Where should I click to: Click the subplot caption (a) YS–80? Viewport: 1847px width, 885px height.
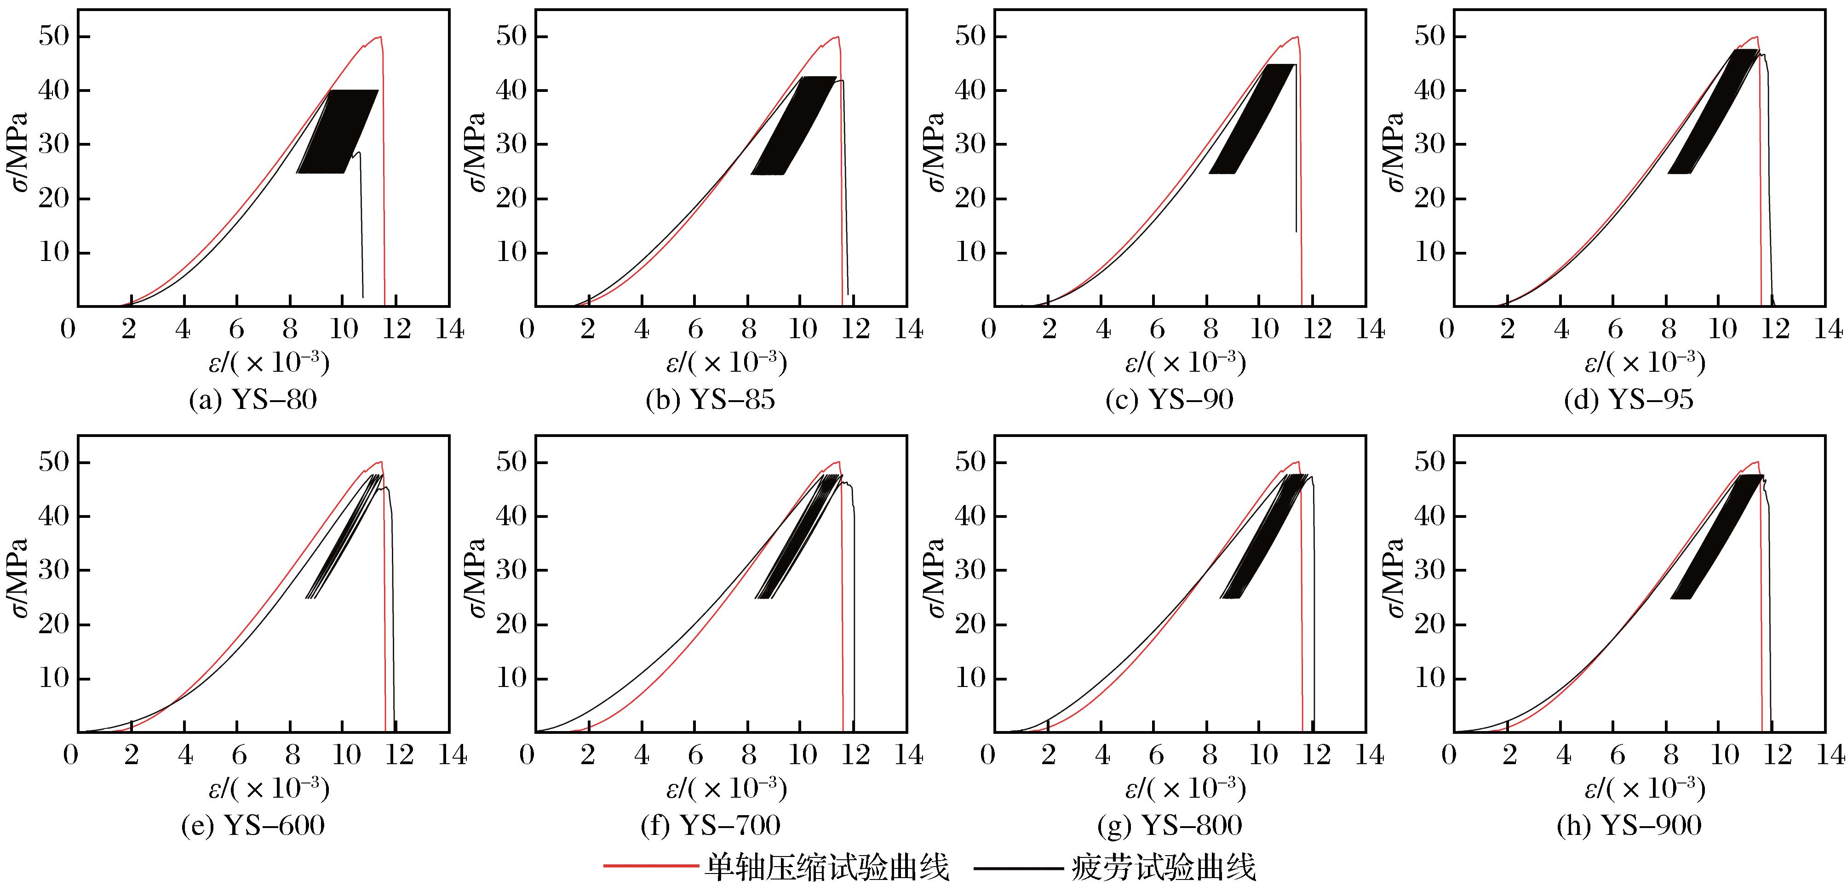point(252,400)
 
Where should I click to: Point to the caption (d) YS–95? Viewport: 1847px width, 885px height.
point(1629,400)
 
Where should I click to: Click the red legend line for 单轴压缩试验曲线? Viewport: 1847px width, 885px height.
point(650,866)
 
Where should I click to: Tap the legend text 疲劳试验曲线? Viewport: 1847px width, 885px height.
point(1164,868)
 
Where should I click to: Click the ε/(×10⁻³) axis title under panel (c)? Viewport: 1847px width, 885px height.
point(1184,363)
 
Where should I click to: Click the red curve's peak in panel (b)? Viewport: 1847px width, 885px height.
point(836,37)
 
